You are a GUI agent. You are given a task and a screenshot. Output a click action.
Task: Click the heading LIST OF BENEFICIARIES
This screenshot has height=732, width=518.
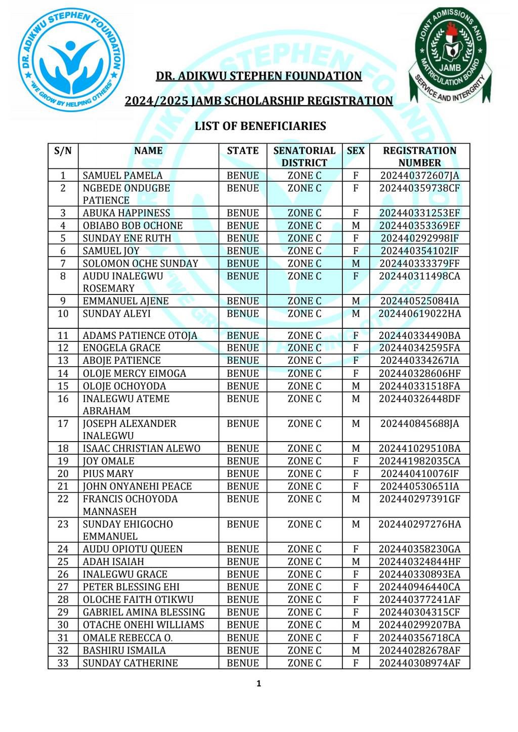coord(260,126)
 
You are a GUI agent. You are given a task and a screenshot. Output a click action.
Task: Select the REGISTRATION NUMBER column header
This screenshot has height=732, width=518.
coord(419,156)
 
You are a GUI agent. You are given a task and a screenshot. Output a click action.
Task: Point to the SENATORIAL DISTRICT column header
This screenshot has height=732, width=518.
coord(304,156)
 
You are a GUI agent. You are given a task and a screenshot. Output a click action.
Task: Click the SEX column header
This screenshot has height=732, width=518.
coord(356,151)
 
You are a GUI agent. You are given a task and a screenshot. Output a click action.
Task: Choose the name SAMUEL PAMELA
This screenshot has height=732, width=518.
coord(122,176)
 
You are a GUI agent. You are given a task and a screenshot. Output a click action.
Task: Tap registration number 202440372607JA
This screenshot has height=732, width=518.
coord(419,176)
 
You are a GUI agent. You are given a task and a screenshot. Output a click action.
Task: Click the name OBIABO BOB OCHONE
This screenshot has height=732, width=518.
coord(133,226)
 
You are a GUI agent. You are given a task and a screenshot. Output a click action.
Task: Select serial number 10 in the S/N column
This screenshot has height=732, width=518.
coord(63,314)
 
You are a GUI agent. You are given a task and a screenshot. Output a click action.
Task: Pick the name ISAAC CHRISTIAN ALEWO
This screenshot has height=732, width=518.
coord(141,449)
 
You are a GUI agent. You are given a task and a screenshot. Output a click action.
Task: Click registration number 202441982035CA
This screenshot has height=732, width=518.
coord(419,461)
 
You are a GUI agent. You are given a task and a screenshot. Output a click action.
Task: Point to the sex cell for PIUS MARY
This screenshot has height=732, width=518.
coord(356,474)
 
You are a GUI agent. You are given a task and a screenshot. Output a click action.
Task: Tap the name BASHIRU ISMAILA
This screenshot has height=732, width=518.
coord(124,651)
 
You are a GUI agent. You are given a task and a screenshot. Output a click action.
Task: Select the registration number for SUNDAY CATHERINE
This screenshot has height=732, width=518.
coord(419,663)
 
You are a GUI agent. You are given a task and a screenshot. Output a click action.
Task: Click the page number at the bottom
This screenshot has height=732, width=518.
coord(259,684)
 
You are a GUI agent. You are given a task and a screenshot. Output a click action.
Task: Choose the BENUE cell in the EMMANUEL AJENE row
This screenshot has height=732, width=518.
coord(243,301)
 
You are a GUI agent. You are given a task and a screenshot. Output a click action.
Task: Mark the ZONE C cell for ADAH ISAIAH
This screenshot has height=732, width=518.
coord(304,562)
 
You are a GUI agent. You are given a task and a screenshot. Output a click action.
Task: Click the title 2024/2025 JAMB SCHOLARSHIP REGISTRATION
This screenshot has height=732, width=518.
coord(258,101)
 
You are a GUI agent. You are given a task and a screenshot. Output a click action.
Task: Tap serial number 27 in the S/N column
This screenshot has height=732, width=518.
coord(63,587)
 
